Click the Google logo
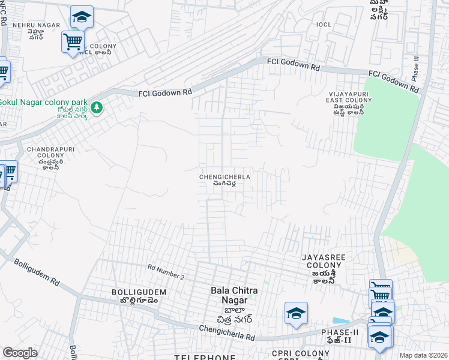pyautogui.click(x=20, y=353)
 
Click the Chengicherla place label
pyautogui.click(x=224, y=180)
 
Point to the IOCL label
pyautogui.click(x=307, y=25)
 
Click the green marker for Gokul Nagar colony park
pyautogui.click(x=98, y=109)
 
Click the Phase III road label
pyautogui.click(x=415, y=70)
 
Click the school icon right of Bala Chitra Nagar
pyautogui.click(x=296, y=313)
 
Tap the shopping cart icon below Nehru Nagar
pyautogui.click(x=73, y=42)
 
